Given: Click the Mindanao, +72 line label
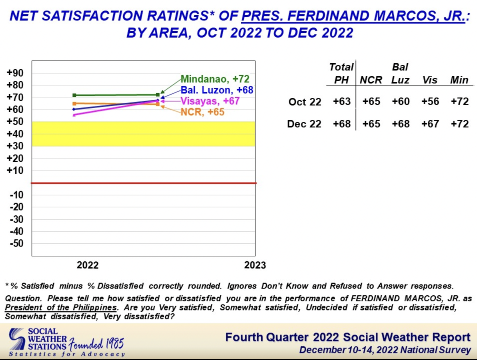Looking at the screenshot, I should coord(215,79).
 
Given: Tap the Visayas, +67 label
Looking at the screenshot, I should coord(210,101).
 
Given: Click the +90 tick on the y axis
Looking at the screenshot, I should coord(15,73).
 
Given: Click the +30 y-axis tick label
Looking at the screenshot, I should coord(15,146).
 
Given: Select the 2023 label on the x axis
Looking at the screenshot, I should coord(255,265).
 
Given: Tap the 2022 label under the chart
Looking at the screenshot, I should coord(88,265).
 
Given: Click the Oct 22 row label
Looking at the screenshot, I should coord(305,102).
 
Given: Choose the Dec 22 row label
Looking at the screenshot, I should coord(304,124).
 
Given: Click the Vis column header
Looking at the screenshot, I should coord(430,80).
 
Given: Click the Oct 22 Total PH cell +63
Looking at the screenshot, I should coord(341,102).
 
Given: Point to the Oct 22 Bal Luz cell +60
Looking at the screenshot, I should coord(401,102).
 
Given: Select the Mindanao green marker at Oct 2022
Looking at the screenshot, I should coord(74,95).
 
